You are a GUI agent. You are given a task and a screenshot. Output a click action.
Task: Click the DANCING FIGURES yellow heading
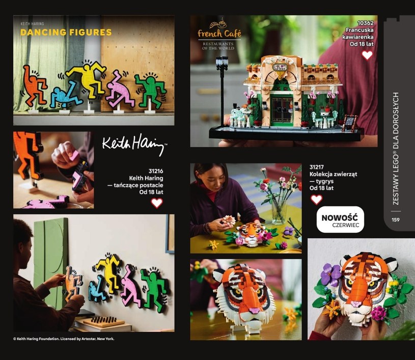tap(66, 32)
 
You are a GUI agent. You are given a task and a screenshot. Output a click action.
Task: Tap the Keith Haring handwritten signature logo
tap(134, 144)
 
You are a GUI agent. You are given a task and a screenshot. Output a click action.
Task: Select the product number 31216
tap(156, 171)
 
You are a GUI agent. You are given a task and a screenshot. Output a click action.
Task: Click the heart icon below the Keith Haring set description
tap(157, 203)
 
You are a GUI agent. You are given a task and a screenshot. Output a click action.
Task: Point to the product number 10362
tap(365, 23)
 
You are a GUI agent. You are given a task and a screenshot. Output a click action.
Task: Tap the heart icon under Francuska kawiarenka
tap(367, 55)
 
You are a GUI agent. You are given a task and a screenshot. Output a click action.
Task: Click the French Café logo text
tap(219, 34)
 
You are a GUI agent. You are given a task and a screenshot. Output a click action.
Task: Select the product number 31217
tap(317, 167)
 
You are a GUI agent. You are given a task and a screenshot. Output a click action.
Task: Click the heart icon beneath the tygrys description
tap(316, 200)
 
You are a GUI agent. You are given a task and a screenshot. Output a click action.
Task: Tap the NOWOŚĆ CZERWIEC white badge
tap(340, 219)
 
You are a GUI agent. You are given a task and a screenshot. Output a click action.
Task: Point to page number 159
tap(396, 219)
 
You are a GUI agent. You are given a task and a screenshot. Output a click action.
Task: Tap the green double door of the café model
tap(282, 109)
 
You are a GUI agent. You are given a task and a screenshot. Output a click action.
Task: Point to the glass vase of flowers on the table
tap(279, 212)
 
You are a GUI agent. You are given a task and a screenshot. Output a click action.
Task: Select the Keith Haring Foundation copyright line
tap(64, 339)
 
